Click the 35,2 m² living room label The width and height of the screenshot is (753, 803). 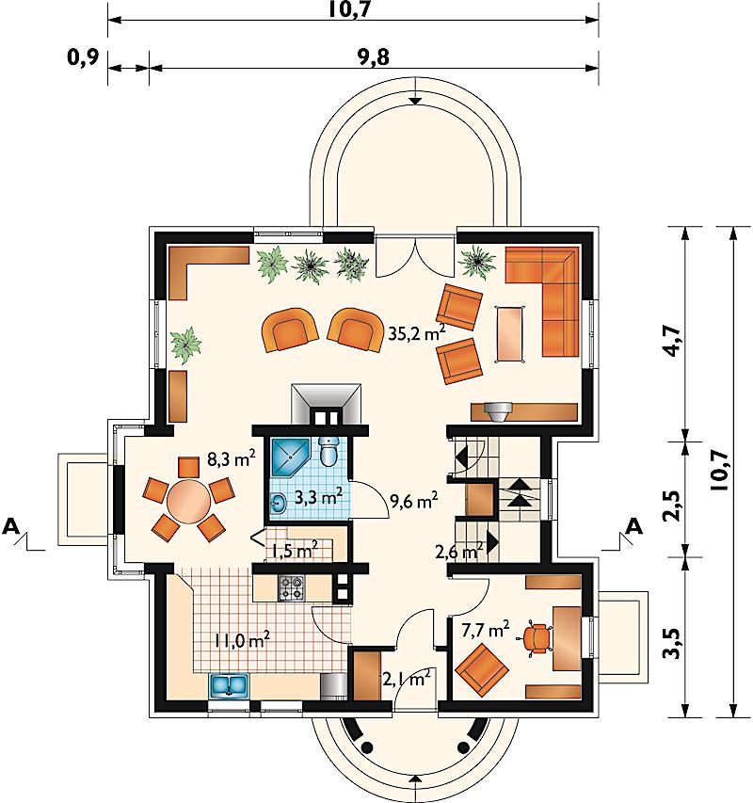[416, 333]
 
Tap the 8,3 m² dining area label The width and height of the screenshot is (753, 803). [231, 458]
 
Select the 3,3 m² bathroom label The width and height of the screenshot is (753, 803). [318, 497]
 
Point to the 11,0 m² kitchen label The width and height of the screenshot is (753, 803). [242, 639]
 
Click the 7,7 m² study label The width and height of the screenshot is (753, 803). [486, 630]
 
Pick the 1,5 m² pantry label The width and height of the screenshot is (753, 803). [295, 550]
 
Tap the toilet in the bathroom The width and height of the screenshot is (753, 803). [328, 451]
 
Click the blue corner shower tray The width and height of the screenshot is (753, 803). [290, 458]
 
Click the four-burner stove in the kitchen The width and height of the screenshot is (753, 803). [291, 588]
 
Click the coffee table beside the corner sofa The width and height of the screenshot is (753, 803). [510, 334]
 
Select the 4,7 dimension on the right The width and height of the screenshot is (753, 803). [675, 341]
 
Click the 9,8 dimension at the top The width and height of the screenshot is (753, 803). [373, 57]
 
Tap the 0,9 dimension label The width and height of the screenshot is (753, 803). [83, 57]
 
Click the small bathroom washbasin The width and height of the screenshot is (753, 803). [278, 503]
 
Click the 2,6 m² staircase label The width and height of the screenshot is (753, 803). [459, 552]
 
